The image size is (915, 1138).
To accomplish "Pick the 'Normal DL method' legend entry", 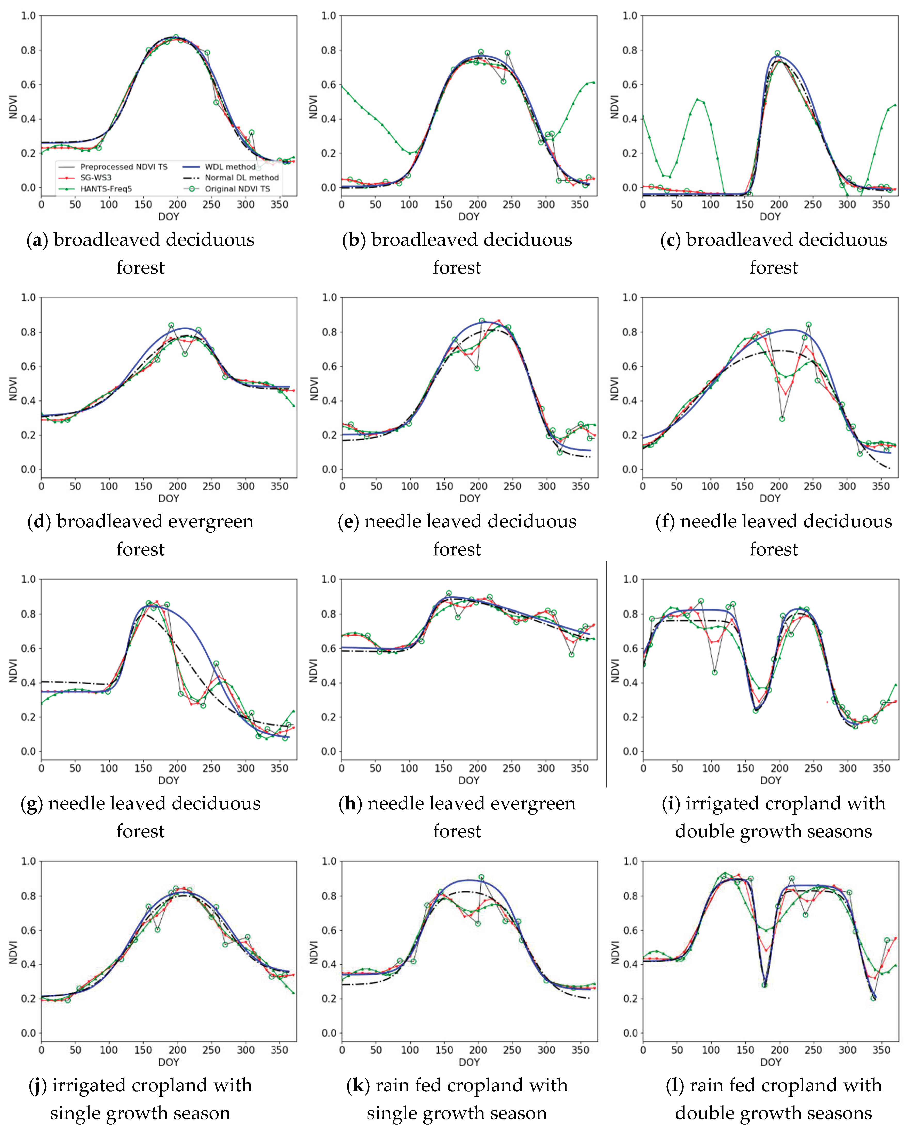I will click(242, 178).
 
